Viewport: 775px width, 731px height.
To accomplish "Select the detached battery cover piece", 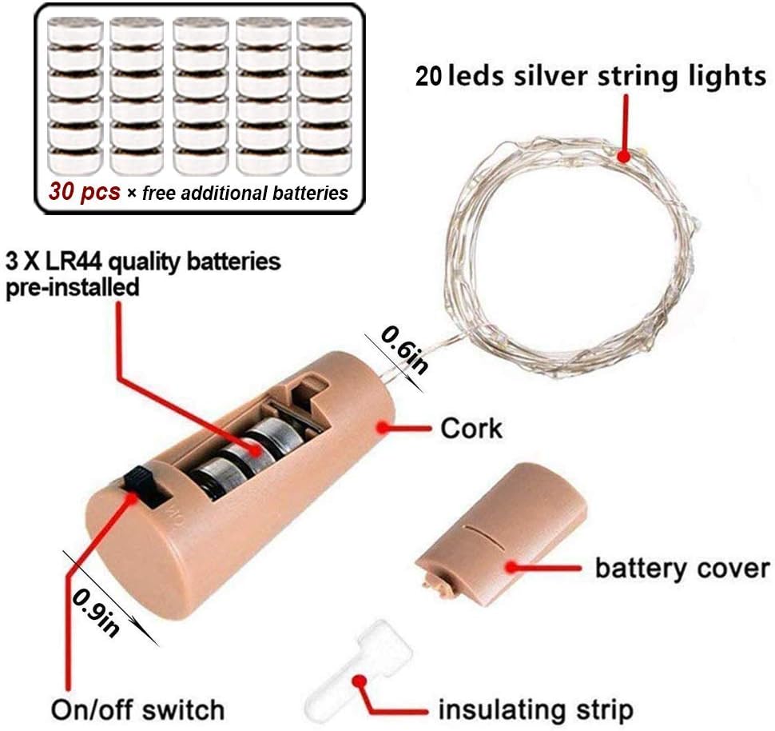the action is click(501, 533).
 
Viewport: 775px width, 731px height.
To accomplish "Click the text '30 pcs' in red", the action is click(85, 191).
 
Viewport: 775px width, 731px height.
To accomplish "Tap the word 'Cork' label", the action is click(471, 428).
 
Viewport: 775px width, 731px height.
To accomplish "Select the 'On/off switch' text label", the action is click(137, 709).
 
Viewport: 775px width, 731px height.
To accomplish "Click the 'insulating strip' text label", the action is click(536, 709).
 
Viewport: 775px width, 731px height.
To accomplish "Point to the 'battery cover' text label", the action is click(682, 568).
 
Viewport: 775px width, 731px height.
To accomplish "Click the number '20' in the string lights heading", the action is click(428, 77).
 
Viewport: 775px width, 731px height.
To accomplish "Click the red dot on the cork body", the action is click(383, 426).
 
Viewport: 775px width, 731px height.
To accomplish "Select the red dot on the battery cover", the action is click(512, 567).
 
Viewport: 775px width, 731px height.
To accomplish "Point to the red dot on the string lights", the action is click(624, 157).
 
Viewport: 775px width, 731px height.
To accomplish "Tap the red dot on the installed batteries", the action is click(256, 450).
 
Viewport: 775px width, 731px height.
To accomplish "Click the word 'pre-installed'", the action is click(72, 288).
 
